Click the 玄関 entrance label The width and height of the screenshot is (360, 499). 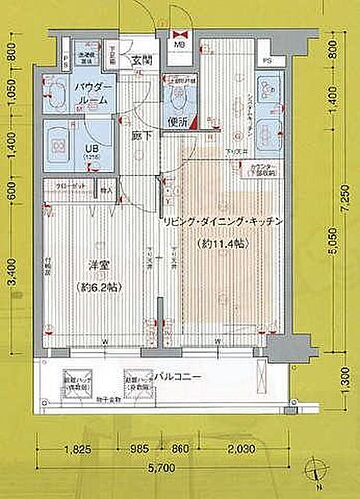pyautogui.click(x=139, y=60)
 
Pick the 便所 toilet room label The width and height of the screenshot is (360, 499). pyautogui.click(x=178, y=122)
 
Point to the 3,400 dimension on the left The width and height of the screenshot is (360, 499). pyautogui.click(x=12, y=268)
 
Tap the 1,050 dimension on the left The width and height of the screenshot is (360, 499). pyautogui.click(x=12, y=95)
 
